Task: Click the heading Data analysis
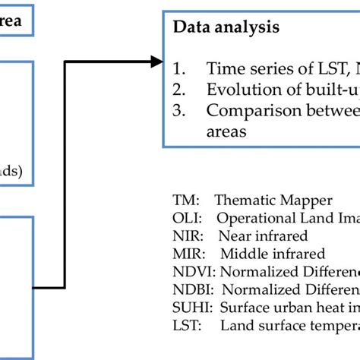point(226,27)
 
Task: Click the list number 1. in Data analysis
point(179,68)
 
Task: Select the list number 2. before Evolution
point(179,89)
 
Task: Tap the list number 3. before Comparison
point(179,110)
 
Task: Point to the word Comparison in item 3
point(246,110)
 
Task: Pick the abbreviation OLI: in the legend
point(186,218)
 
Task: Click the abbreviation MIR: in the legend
point(187,253)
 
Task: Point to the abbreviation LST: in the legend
point(186,325)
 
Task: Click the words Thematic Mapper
point(273,201)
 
